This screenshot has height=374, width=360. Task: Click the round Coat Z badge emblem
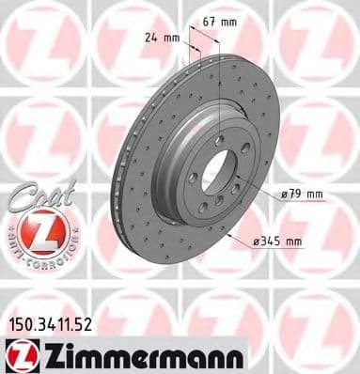pos(39,233)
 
